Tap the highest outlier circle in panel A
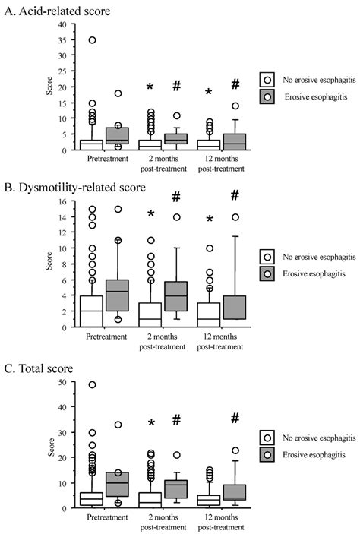[92, 40]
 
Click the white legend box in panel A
[267, 78]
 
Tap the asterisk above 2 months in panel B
[151, 215]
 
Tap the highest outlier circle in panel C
[92, 385]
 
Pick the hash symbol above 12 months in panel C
[235, 419]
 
